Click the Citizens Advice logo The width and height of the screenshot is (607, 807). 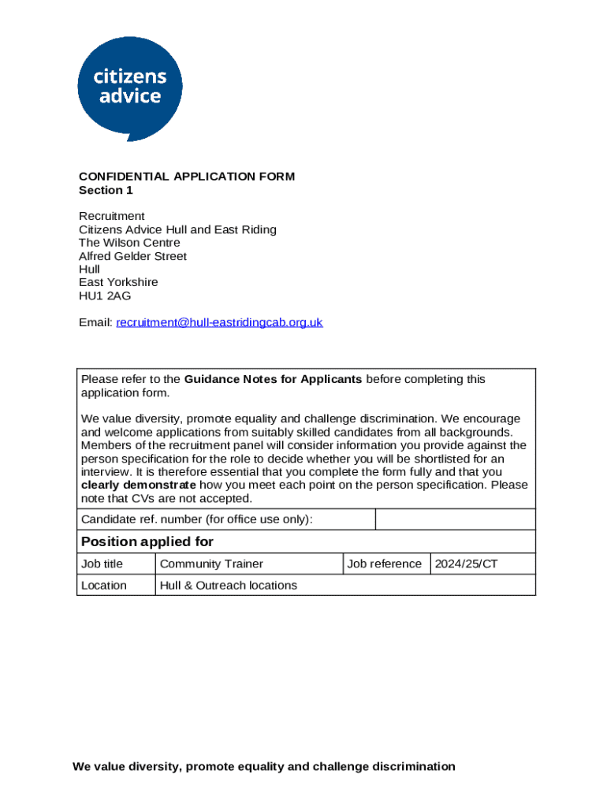129,87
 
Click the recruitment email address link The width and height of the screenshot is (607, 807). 219,322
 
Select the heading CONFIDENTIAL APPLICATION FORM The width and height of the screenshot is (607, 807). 187,177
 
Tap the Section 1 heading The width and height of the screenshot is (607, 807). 106,190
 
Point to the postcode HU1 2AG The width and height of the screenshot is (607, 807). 105,296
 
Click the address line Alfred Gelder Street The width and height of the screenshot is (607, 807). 132,256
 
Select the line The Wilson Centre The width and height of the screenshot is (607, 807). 129,243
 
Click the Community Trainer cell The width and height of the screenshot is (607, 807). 211,563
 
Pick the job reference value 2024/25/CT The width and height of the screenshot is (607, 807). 467,563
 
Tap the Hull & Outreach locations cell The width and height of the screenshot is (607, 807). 229,585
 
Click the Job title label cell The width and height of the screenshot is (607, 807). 102,563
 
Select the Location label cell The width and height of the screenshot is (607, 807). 103,585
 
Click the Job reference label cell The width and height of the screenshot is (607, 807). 384,563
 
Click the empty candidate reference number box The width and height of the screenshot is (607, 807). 455,519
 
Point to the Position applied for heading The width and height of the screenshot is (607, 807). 147,541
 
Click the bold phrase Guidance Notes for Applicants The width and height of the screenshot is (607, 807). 273,379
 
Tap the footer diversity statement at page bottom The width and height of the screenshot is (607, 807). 264,766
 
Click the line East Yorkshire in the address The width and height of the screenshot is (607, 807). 118,282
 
